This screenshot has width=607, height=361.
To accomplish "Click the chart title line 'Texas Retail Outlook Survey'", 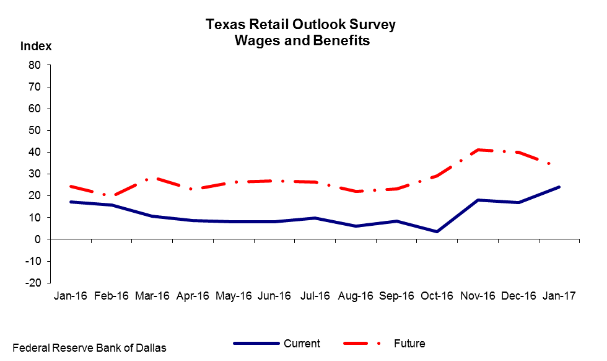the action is pos(300,24).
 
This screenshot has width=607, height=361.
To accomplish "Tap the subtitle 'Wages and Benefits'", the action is pos(302,40).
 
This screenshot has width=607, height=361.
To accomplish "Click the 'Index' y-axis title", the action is pos(36,46).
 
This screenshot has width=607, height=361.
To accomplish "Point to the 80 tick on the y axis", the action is pos(35,65).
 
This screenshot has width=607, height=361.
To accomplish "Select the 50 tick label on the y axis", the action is pos(35,130).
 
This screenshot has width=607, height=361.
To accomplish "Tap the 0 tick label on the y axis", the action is pos(38,239).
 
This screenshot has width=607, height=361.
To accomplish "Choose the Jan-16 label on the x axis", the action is pos(71,296).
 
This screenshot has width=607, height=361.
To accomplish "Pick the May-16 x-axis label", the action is pos(234,296).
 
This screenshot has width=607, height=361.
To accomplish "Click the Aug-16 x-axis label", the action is pos(356,296).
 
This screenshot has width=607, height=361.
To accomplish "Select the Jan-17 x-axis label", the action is pos(559,296).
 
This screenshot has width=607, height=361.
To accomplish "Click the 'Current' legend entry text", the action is pos(302,344).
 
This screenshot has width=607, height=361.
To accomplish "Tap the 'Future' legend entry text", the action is pos(409,344).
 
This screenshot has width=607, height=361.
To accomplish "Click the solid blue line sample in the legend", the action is pos(256,344).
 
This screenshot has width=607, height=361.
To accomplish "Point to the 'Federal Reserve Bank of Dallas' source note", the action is pos(89,348).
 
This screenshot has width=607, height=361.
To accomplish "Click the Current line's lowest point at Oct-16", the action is pos(437,232).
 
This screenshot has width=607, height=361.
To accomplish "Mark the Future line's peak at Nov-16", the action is pos(478,149).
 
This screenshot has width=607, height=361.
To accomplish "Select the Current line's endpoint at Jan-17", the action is pos(559,187).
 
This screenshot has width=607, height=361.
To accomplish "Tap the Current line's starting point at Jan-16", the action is pos(71,202).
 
